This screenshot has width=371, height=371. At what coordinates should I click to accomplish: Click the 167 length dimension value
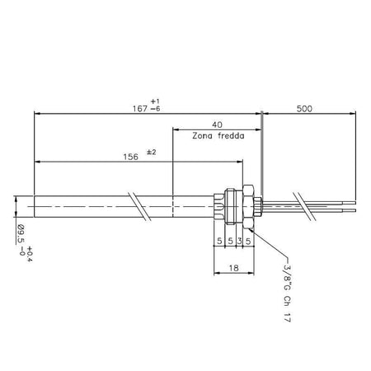point(140,109)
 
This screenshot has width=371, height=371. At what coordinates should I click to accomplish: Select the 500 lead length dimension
point(304,109)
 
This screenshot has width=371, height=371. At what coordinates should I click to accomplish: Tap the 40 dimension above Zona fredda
point(217,124)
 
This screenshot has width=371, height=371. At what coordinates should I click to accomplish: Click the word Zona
point(202,136)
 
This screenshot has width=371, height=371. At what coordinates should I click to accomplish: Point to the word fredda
point(231,136)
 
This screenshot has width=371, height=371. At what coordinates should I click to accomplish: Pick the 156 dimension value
point(130,157)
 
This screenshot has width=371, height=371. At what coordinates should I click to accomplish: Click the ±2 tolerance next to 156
point(152,152)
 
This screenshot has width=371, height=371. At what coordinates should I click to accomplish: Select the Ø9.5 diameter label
point(21,234)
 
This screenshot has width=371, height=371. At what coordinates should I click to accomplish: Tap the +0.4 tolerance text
point(30,254)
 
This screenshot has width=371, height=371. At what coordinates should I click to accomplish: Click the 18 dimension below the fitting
point(233,268)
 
